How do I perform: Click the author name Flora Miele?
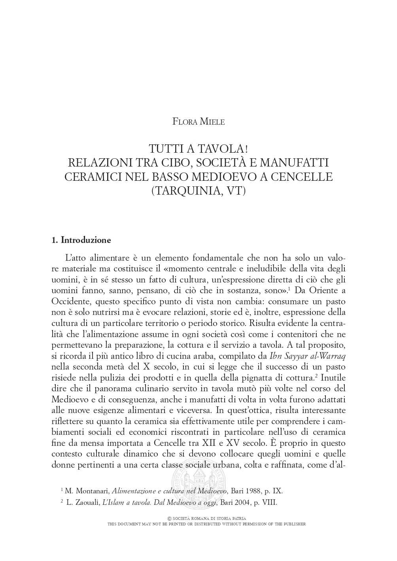click(x=198, y=122)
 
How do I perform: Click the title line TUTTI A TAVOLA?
click(x=198, y=149)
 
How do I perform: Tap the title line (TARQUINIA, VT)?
click(x=198, y=190)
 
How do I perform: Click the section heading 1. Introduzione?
click(x=82, y=240)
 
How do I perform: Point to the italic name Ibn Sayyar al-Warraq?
click(x=308, y=356)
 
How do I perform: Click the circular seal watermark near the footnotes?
click(x=198, y=482)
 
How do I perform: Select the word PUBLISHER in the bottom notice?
click(x=294, y=524)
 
